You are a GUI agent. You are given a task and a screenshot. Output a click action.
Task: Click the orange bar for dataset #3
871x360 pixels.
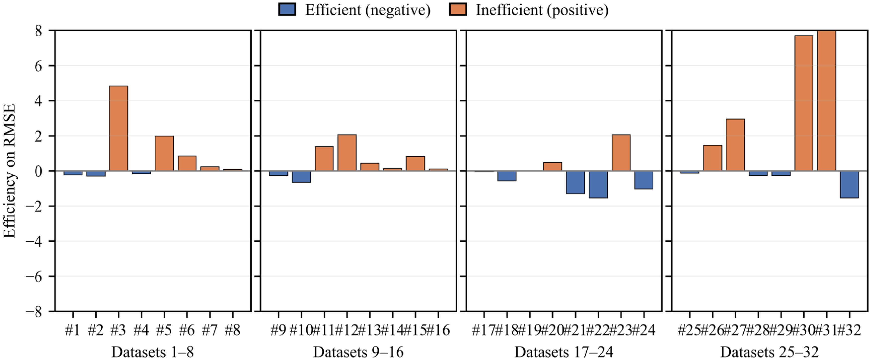(119, 128)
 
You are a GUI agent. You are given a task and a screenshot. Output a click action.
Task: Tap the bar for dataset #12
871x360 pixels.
(347, 153)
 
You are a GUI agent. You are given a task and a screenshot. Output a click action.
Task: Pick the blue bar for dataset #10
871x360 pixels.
(301, 177)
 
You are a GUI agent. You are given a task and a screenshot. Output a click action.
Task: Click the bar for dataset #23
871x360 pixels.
(621, 153)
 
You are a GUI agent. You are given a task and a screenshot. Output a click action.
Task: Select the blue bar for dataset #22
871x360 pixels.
(598, 184)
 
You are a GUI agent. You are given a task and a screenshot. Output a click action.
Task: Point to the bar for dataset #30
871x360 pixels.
(804, 103)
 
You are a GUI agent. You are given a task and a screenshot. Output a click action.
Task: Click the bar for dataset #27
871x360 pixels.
(735, 145)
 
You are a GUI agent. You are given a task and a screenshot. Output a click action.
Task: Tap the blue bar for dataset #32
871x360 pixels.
(849, 184)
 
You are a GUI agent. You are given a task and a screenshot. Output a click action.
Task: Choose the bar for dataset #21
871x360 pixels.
(576, 182)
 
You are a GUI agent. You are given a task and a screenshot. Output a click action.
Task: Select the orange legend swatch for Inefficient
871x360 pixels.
(458, 9)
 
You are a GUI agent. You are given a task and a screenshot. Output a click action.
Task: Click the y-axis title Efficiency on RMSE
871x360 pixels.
(9, 171)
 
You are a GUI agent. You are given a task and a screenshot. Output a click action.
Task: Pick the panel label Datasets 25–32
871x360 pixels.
(769, 352)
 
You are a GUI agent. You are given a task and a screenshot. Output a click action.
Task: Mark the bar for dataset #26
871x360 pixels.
(712, 158)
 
